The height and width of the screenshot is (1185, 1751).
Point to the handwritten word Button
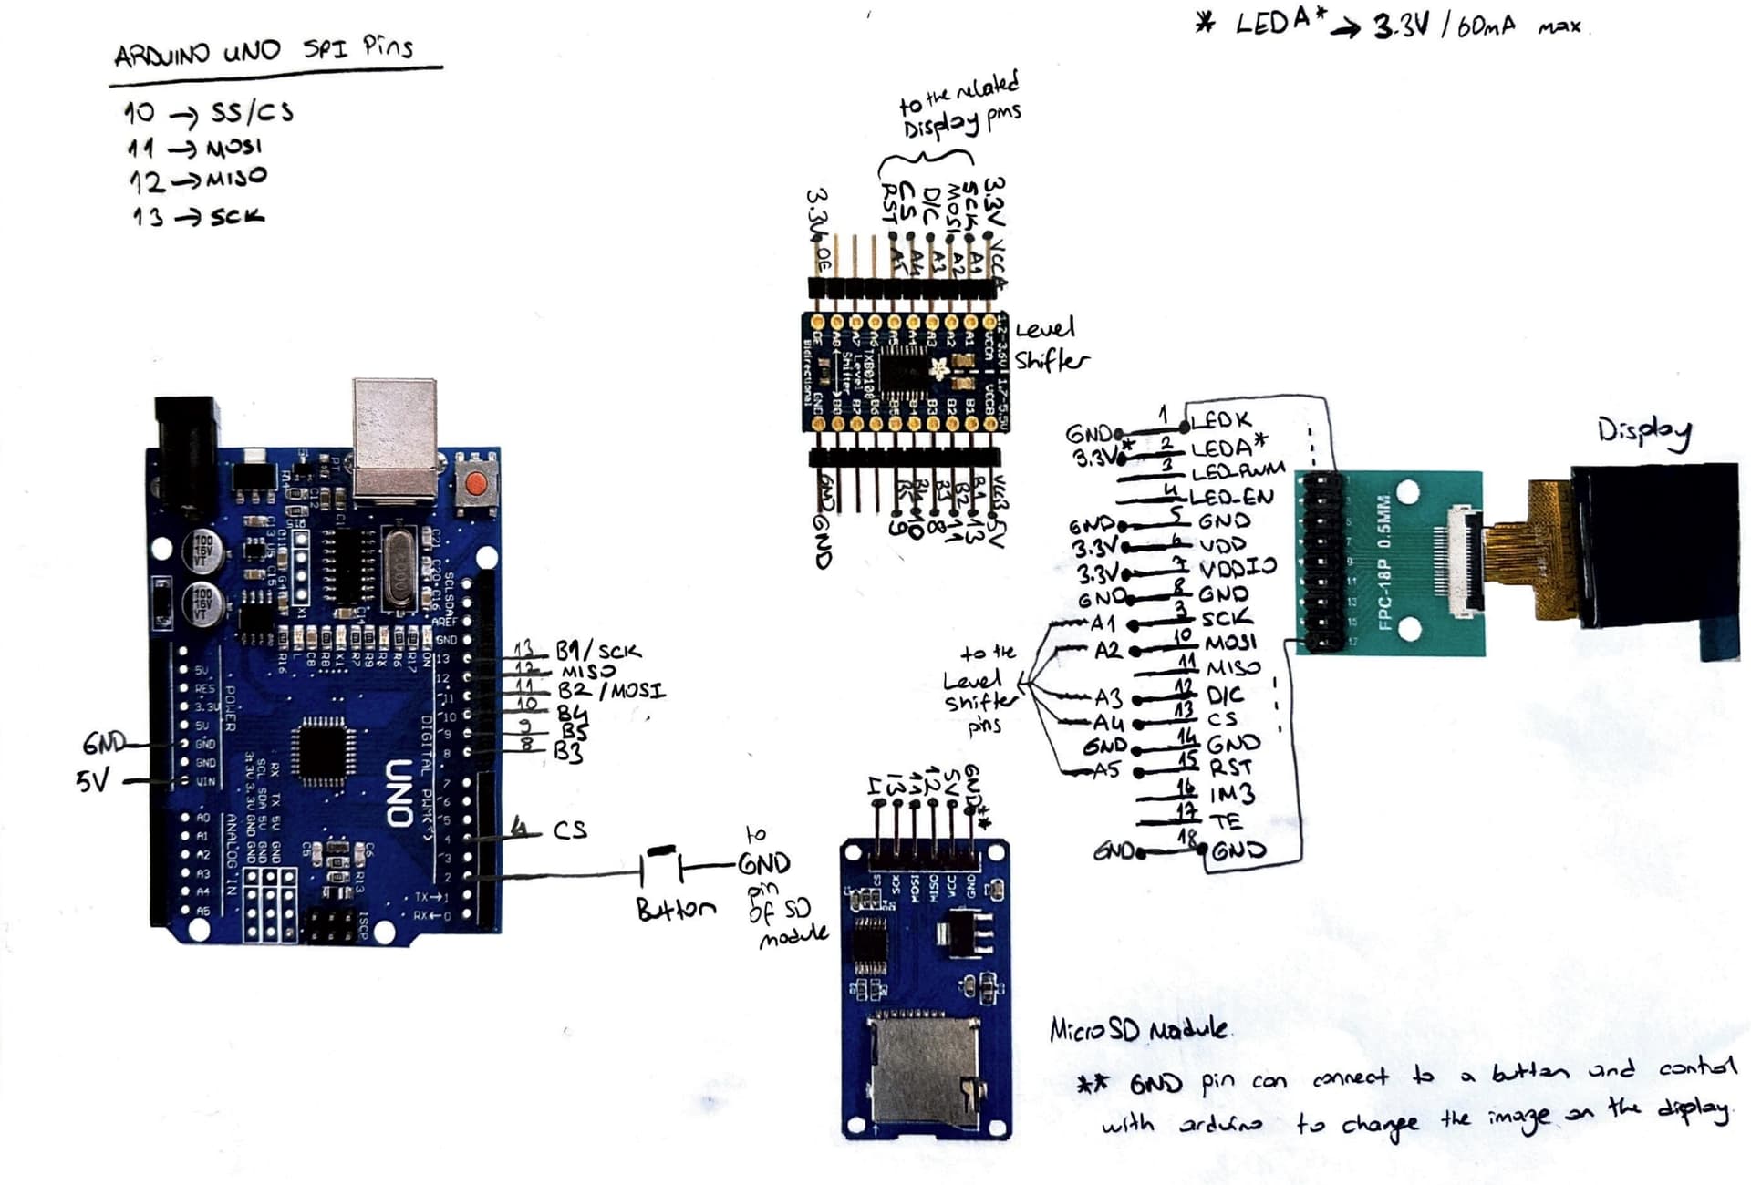675,909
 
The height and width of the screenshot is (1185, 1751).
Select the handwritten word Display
1643,432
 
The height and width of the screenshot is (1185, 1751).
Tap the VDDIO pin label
1237,568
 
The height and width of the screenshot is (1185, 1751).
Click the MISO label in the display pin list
1233,668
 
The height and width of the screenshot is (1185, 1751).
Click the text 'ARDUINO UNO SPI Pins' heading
264,52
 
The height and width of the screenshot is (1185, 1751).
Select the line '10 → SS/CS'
209,113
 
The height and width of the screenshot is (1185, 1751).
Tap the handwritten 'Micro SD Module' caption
1138,1030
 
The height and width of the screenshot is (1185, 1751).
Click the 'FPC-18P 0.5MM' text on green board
1383,562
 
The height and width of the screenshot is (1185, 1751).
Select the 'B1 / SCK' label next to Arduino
597,651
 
